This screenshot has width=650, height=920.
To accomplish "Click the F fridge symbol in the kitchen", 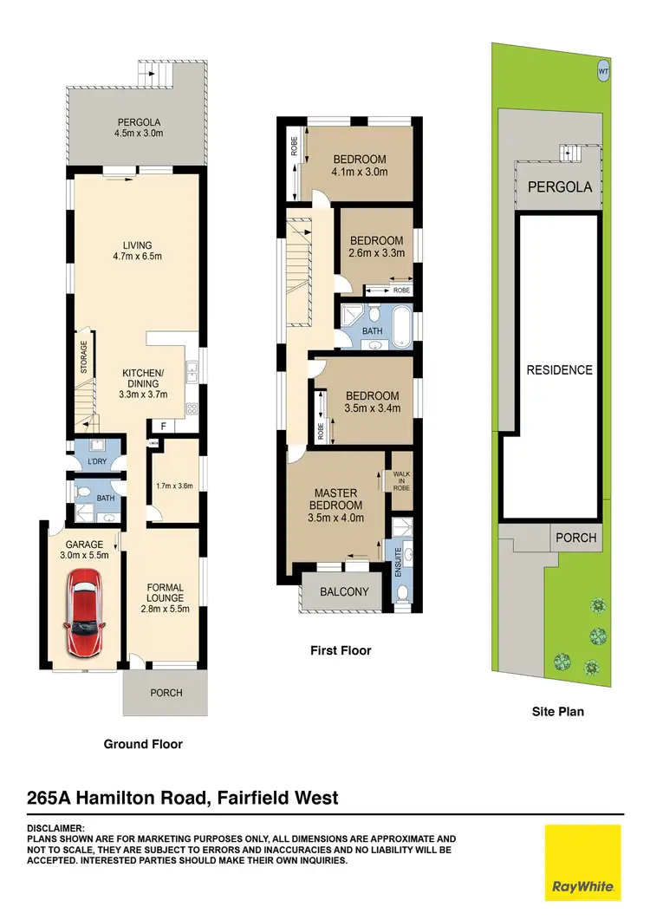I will [161, 426].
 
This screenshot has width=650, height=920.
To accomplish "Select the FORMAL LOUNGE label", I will [164, 598].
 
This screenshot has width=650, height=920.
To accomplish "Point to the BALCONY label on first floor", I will [344, 592].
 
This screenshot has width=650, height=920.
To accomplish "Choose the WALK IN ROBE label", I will [401, 480].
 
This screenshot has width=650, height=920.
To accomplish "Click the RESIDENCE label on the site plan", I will [560, 369].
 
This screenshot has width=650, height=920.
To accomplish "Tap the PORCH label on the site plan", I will [576, 538].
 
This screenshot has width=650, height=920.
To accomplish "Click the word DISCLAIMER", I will [56, 829].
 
